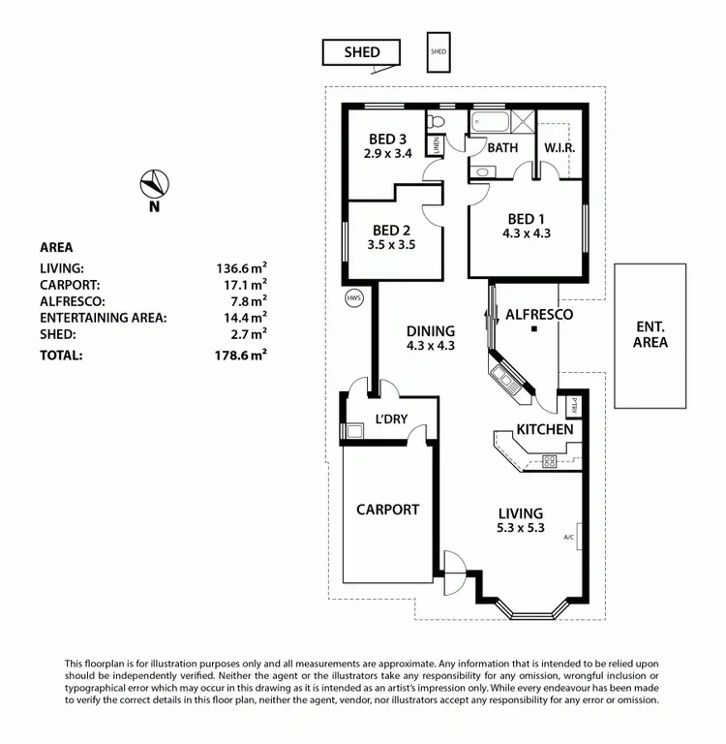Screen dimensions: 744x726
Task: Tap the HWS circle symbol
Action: (x=353, y=297)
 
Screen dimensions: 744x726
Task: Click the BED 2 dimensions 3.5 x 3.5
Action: (x=393, y=245)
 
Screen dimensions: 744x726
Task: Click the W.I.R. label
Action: (x=560, y=148)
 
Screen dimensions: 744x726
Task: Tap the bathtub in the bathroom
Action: (x=493, y=122)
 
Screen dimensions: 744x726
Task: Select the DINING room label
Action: (x=431, y=330)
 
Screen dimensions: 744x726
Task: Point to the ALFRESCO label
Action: (x=539, y=315)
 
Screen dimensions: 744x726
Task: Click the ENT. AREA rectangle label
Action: (x=650, y=334)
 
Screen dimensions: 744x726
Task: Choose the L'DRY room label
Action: (x=392, y=421)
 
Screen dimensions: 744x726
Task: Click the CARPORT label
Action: (x=387, y=510)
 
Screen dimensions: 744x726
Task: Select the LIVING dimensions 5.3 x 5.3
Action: (x=521, y=528)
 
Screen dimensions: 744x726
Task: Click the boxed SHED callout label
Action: (x=362, y=52)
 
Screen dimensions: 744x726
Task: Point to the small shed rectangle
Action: (x=439, y=51)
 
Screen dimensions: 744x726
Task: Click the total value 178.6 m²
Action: (x=241, y=356)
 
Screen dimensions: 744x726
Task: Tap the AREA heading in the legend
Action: (x=56, y=247)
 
